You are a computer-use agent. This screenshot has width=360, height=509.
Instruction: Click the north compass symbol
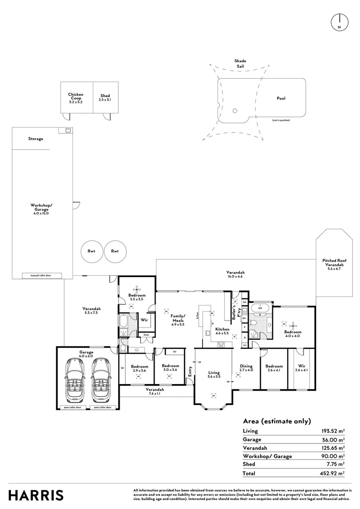(x=339, y=22)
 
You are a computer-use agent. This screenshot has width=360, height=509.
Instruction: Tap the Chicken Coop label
(x=75, y=98)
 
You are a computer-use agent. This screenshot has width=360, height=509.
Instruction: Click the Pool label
(x=281, y=99)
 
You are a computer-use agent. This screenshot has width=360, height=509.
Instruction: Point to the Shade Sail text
(x=240, y=64)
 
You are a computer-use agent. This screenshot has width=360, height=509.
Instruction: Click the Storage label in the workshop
(x=35, y=139)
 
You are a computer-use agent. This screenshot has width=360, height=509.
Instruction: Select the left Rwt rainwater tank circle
(x=91, y=251)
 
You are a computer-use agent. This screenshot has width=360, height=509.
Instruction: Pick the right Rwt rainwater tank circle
(x=115, y=251)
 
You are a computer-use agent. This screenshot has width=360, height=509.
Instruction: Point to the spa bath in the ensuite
(x=260, y=309)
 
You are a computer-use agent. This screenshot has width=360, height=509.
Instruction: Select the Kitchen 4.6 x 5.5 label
(x=222, y=331)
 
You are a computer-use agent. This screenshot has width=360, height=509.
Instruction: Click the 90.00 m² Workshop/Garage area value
(x=334, y=456)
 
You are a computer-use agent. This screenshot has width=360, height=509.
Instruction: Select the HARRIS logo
(x=36, y=495)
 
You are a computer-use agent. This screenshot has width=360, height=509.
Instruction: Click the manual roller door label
(x=41, y=275)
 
